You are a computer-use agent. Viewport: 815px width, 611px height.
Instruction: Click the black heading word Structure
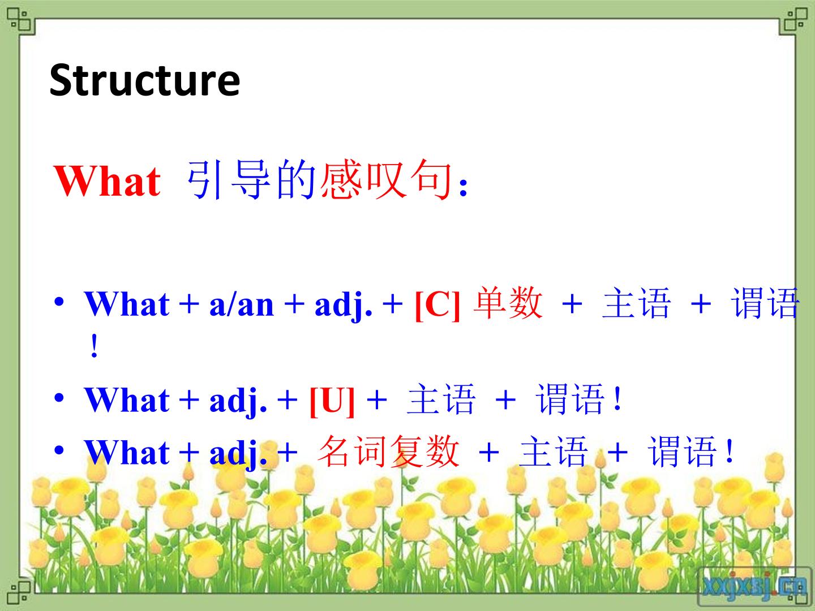[145, 80]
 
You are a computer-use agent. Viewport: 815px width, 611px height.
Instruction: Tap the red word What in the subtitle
[108, 180]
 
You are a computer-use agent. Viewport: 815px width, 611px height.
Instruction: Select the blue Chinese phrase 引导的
[251, 179]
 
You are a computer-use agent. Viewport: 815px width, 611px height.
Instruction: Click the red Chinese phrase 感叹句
[386, 179]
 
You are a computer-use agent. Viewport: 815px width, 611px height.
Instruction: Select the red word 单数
[508, 303]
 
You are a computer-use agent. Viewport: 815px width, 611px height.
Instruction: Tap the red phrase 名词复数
[389, 451]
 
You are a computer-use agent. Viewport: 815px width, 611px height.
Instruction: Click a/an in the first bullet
[242, 305]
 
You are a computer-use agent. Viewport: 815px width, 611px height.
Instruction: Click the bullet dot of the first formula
[59, 301]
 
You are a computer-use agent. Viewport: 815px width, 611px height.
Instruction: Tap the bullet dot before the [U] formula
[59, 398]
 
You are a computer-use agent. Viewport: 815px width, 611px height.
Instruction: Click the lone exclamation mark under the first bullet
[95, 346]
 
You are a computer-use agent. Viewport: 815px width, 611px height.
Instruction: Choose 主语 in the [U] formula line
[441, 399]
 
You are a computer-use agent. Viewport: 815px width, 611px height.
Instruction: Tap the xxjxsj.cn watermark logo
[754, 587]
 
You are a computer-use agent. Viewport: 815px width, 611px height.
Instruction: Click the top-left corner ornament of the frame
[20, 20]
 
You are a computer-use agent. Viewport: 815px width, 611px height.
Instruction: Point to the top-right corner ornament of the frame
[794, 20]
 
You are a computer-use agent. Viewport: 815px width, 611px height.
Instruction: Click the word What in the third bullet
[127, 453]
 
